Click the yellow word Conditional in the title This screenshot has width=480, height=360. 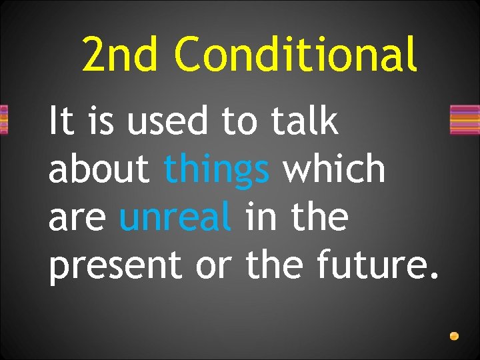(296, 54)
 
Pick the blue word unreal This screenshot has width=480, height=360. (176, 217)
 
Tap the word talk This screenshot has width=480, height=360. (305, 122)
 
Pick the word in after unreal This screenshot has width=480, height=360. (259, 217)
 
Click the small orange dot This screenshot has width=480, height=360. (454, 336)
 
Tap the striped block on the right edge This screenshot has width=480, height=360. (465, 120)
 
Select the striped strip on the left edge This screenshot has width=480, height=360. (3, 120)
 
